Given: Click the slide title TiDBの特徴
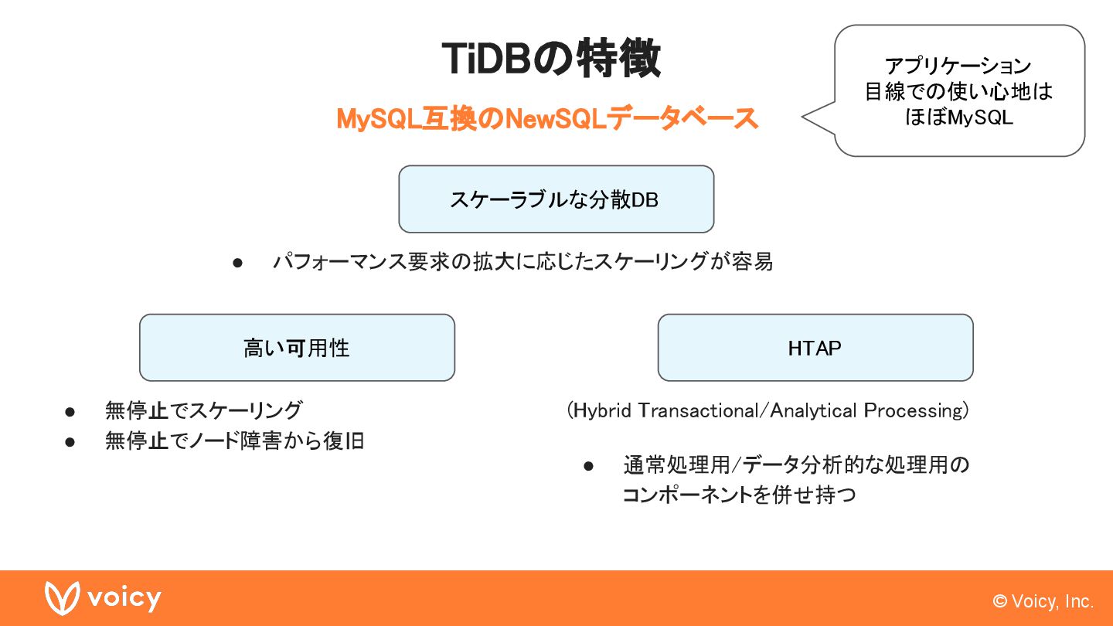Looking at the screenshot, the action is [x=551, y=58].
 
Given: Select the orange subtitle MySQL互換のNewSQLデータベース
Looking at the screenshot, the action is [x=547, y=119].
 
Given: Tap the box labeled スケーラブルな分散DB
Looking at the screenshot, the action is [x=556, y=199].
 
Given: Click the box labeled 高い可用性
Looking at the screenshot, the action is [x=297, y=348].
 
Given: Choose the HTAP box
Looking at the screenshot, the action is [x=815, y=348].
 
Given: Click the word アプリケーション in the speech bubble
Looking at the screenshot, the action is [x=958, y=66].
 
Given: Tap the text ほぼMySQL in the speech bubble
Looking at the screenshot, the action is [x=958, y=118].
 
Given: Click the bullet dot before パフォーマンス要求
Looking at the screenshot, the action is [x=238, y=263].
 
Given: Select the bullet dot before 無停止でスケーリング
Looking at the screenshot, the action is [x=70, y=410].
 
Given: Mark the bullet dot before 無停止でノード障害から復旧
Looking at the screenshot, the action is [x=70, y=442].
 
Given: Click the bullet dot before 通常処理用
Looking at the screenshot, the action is [x=588, y=465].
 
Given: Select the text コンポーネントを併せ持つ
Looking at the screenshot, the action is [x=739, y=495].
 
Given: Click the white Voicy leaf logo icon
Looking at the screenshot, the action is [x=62, y=598].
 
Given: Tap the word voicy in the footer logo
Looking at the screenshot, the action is [x=124, y=598].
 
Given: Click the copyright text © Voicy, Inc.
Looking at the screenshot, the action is [x=1043, y=601].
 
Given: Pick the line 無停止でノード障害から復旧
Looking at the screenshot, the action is [x=234, y=441].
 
